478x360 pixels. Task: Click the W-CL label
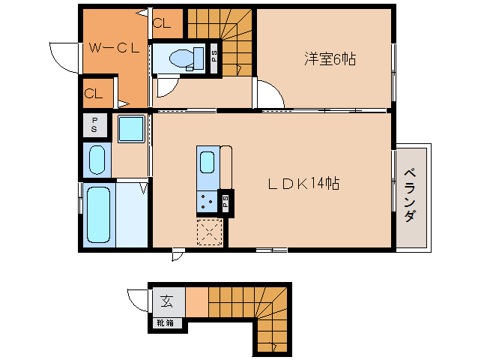114,48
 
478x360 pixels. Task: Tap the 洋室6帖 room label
330,59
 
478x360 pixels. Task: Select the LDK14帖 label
303,184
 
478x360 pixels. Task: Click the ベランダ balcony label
410,196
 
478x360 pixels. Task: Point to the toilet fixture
187,58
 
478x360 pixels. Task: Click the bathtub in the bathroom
98,214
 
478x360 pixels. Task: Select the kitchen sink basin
207,162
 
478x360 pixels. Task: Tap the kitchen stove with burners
207,201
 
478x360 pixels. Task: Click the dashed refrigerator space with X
210,232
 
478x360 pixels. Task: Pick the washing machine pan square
131,129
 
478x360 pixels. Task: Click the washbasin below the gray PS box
97,160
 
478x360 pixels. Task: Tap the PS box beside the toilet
214,58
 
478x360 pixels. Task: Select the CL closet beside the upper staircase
167,23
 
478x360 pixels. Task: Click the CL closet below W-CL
98,93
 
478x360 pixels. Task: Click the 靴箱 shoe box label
166,322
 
